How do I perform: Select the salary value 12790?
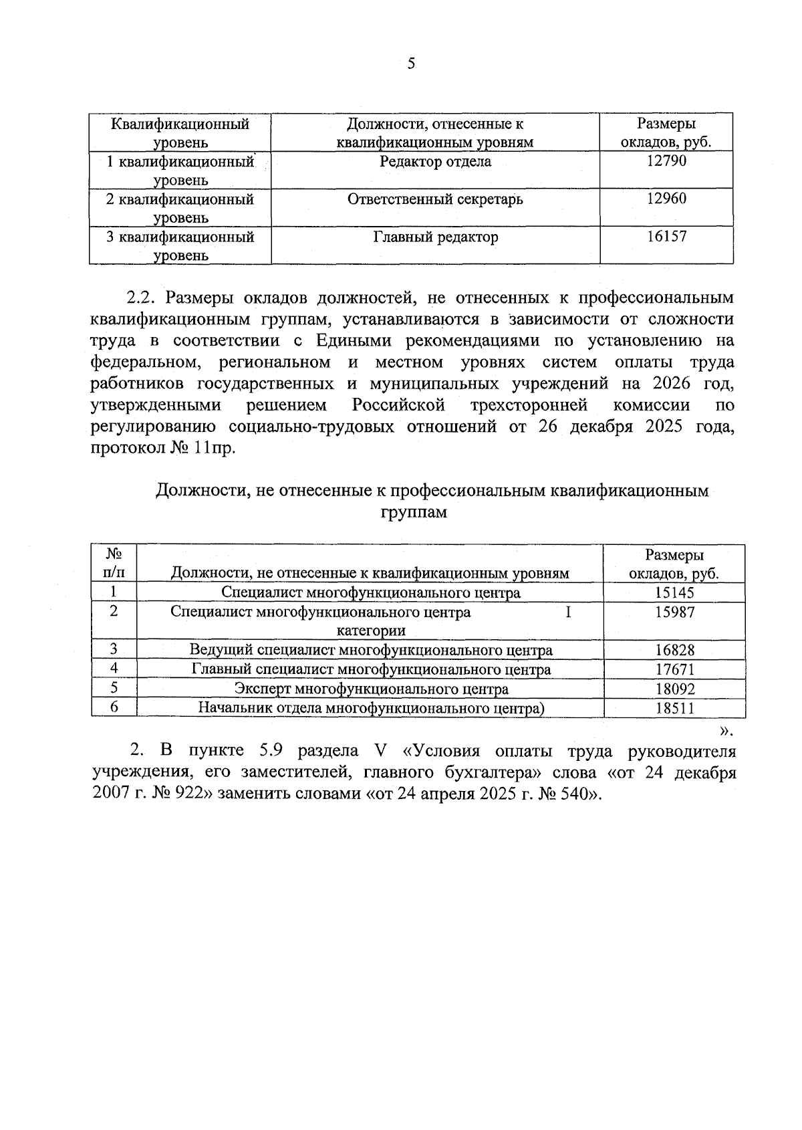tap(666, 161)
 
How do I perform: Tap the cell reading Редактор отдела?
tap(435, 161)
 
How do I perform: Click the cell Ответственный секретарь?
tap(435, 199)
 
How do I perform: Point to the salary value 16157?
tap(666, 237)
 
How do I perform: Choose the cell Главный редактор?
tap(435, 237)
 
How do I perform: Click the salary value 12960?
tap(666, 199)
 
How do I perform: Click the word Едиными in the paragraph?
tap(356, 340)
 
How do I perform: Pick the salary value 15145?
tap(674, 593)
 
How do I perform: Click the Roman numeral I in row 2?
tap(568, 612)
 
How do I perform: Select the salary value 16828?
tap(674, 650)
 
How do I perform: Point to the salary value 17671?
tap(674, 669)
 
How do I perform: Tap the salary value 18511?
tap(674, 708)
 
